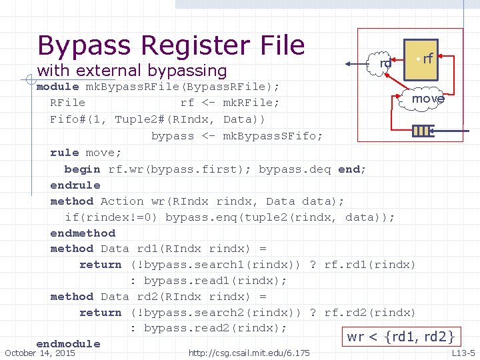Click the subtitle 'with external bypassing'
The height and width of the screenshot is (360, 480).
tap(132, 70)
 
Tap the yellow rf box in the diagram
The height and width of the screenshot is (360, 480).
tap(421, 57)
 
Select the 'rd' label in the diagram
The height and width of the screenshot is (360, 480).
tap(385, 63)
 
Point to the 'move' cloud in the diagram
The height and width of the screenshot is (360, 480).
tap(427, 99)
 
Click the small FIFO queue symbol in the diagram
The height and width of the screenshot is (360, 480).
tap(422, 131)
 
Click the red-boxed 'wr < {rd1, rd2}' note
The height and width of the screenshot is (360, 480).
tap(400, 337)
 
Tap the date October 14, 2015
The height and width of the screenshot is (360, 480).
tap(40, 353)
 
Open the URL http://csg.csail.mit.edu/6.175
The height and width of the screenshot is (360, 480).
tap(249, 353)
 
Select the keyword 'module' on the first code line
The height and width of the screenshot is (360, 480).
tap(57, 87)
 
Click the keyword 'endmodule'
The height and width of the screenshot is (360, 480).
tap(68, 344)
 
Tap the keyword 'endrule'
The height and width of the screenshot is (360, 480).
tap(75, 185)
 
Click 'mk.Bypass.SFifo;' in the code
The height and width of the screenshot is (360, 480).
tap(272, 136)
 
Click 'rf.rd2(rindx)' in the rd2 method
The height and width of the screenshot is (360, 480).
tap(369, 313)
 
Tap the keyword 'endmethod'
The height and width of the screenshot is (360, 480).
tap(83, 233)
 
